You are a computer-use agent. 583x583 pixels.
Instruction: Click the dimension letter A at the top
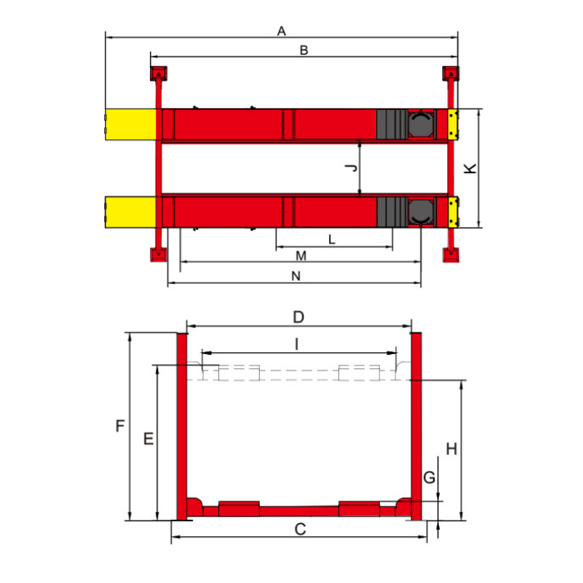pyautogui.click(x=282, y=31)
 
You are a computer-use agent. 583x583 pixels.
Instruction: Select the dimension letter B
pyautogui.click(x=304, y=50)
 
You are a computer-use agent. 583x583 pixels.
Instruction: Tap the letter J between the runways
pyautogui.click(x=351, y=167)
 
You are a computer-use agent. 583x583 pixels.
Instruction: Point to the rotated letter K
pyautogui.click(x=471, y=168)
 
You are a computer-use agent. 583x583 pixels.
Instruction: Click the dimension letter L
pyautogui.click(x=332, y=240)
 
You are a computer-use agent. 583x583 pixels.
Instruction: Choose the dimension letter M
pyautogui.click(x=301, y=256)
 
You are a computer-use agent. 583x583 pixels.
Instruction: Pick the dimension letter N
pyautogui.click(x=296, y=276)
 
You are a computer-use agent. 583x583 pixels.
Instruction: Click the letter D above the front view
pyautogui.click(x=298, y=317)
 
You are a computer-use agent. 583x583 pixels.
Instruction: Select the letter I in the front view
pyautogui.click(x=296, y=344)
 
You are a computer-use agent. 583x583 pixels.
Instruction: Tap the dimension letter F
pyautogui.click(x=120, y=426)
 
